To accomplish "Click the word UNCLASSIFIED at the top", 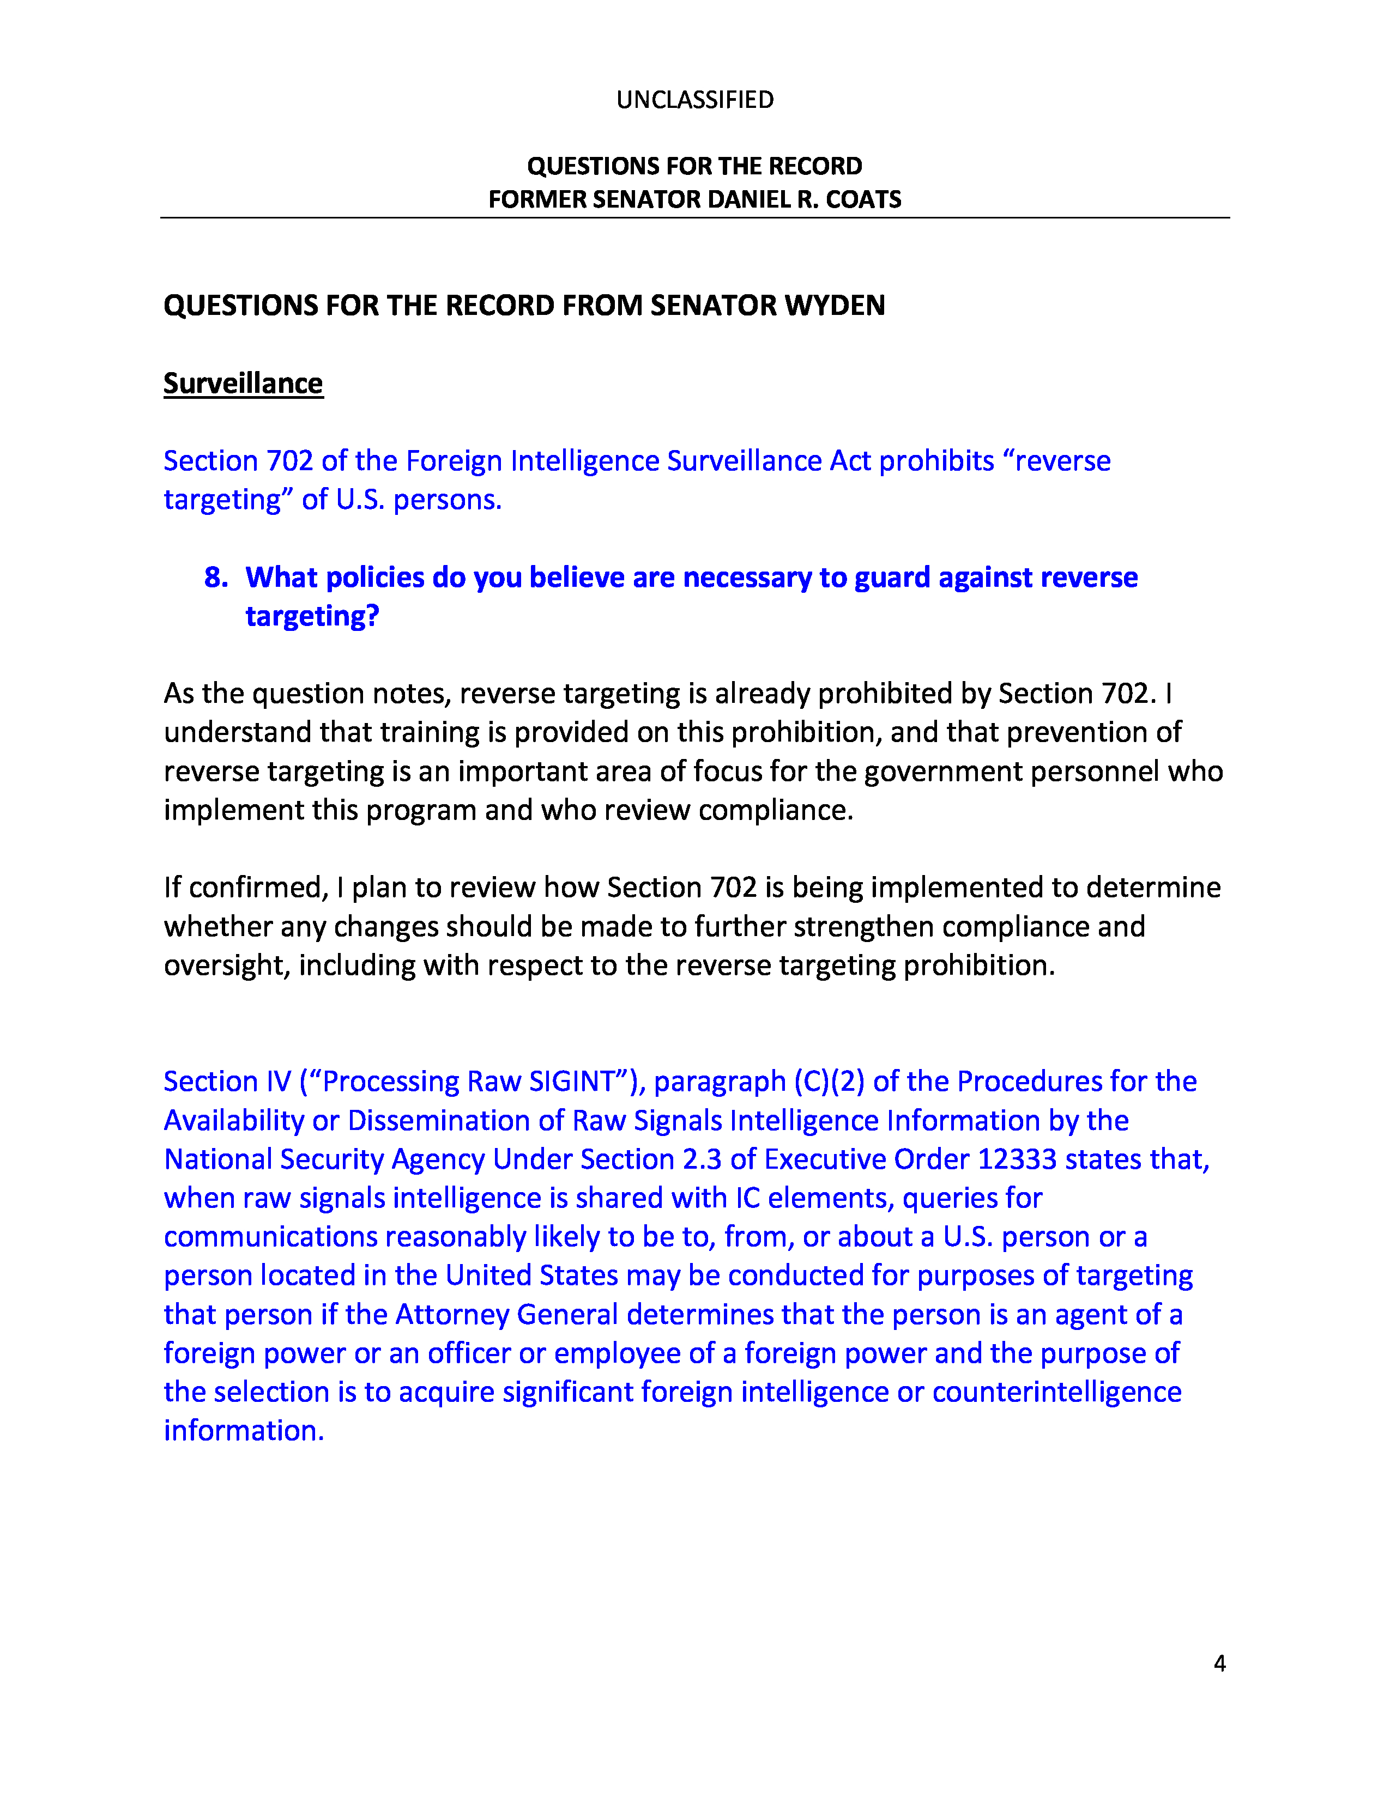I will point(695,100).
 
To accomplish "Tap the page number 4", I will point(1219,1664).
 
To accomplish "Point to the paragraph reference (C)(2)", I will point(829,1081).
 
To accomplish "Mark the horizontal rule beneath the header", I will point(695,218).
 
